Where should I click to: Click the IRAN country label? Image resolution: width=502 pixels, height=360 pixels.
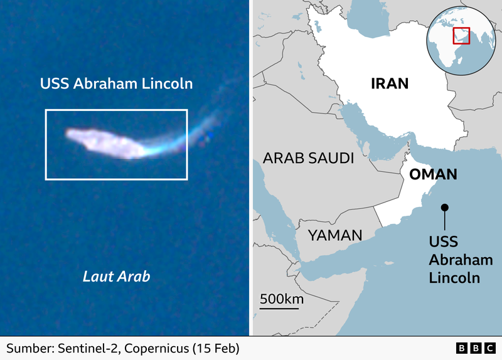(390, 84)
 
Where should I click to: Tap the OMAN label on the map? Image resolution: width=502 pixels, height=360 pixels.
(432, 175)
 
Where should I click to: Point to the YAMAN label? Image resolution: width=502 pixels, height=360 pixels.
(334, 235)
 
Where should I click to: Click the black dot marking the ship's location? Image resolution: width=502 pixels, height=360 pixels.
(444, 208)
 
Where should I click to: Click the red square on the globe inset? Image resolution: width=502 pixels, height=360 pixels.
(461, 35)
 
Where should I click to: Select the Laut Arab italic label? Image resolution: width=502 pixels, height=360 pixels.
(117, 276)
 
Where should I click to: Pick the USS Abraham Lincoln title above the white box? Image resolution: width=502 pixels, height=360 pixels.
(116, 83)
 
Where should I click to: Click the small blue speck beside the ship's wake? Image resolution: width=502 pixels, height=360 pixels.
(211, 134)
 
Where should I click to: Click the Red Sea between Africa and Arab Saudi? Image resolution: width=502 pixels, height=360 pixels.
(276, 207)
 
